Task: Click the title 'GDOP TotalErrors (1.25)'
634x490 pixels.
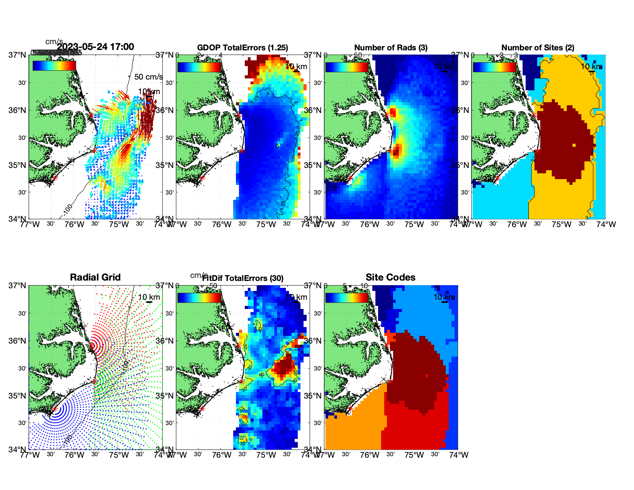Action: click(242, 48)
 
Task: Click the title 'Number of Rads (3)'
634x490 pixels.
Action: click(391, 48)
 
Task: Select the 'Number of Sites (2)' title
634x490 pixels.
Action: click(538, 48)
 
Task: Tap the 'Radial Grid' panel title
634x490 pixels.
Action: click(95, 277)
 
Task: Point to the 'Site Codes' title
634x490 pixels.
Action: click(390, 277)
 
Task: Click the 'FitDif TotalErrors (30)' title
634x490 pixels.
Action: click(243, 278)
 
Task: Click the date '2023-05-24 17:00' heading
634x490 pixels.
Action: click(96, 47)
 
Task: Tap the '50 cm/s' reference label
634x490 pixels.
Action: click(148, 77)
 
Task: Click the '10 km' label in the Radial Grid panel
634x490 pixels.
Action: click(149, 297)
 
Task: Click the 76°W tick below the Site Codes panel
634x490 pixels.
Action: click(370, 455)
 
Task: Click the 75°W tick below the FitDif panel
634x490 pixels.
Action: click(266, 455)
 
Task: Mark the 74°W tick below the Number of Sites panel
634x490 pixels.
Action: click(606, 224)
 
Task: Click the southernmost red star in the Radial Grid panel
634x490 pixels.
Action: click(55, 409)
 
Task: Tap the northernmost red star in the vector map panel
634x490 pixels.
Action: click(91, 115)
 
